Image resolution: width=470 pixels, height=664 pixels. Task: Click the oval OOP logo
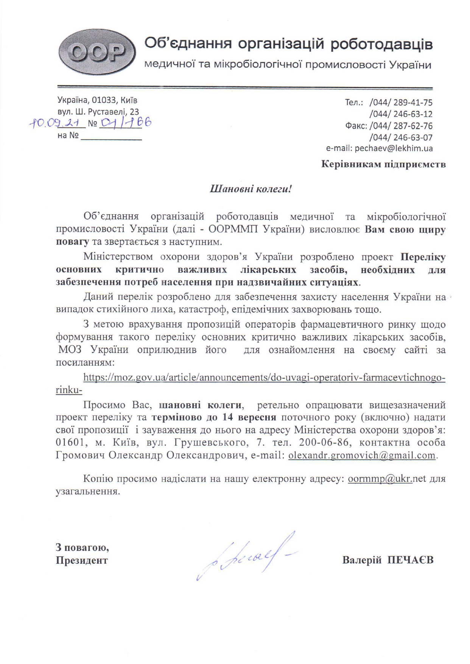click(x=97, y=53)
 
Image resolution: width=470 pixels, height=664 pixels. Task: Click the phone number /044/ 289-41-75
click(x=401, y=103)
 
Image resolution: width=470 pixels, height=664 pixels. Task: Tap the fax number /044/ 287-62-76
click(x=401, y=126)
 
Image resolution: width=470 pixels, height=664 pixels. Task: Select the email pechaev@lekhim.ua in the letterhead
click(x=393, y=148)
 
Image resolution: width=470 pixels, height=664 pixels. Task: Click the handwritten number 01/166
click(x=125, y=122)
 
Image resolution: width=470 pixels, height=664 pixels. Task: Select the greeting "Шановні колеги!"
click(x=251, y=189)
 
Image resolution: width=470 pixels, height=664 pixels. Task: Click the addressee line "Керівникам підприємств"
click(x=383, y=164)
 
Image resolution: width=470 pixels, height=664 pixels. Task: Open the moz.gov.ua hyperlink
click(x=264, y=378)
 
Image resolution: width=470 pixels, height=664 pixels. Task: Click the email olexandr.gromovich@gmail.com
click(x=362, y=455)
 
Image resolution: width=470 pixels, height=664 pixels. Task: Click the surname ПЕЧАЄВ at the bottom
click(x=411, y=560)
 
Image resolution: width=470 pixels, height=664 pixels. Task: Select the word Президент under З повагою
click(x=82, y=560)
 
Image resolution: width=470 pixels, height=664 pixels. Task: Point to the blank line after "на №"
click(x=111, y=136)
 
